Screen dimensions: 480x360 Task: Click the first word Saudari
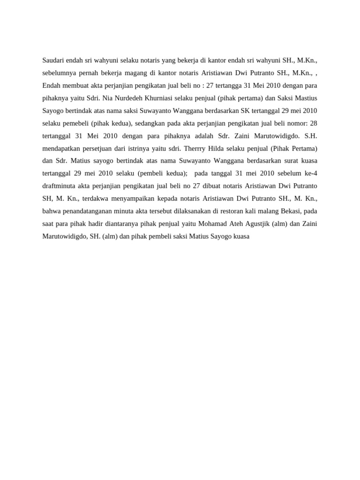53,60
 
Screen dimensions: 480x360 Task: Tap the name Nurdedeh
132,98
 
